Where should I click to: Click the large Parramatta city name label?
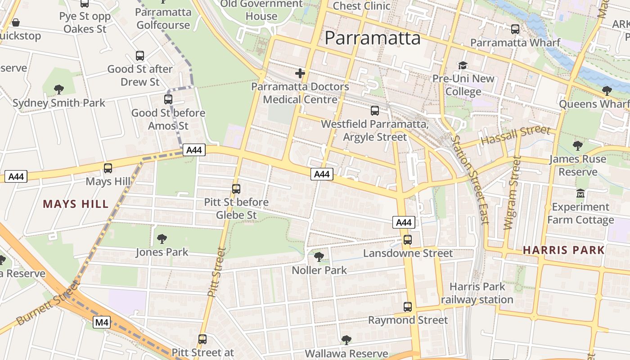[x=372, y=38]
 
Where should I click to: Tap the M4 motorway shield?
[x=102, y=322]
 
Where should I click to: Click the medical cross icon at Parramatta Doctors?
[x=300, y=73]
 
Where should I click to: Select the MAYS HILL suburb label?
[x=76, y=204]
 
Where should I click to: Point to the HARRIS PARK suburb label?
[x=563, y=250]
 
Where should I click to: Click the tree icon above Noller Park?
[x=319, y=257]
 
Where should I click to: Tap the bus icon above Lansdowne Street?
[x=408, y=240]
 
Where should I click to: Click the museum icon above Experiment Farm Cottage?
[x=580, y=193]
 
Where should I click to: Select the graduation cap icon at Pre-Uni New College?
[x=463, y=66]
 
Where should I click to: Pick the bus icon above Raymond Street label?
[x=408, y=307]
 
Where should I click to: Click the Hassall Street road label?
[x=516, y=135]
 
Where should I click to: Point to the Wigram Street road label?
[x=512, y=193]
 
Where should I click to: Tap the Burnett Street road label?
[x=48, y=302]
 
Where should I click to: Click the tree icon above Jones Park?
[x=162, y=238]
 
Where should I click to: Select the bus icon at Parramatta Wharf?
[x=515, y=29]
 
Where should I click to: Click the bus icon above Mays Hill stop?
[x=108, y=168]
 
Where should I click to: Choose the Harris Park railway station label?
[x=477, y=293]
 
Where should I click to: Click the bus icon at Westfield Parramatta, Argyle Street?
[x=375, y=111]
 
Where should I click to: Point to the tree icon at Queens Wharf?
[x=607, y=91]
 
